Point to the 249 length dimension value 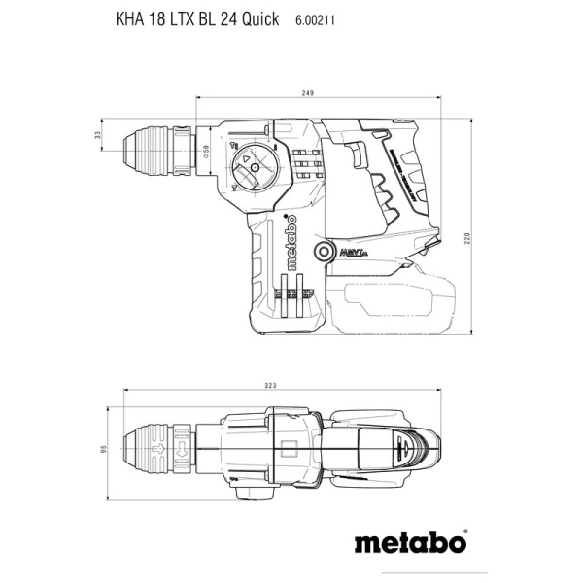coord(308,93)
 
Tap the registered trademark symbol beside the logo coord(466,532)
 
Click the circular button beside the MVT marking coord(322,253)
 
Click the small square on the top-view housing coord(288,450)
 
